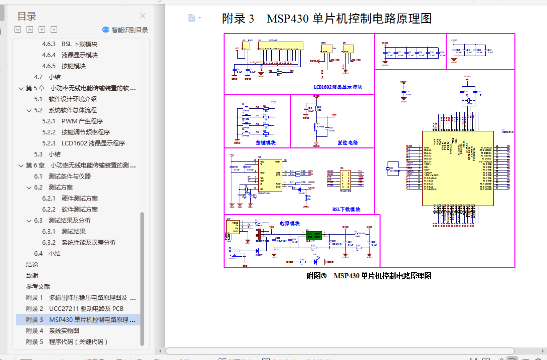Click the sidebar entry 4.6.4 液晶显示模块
point(79,55)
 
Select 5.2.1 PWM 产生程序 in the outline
point(82,121)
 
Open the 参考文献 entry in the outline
point(38,287)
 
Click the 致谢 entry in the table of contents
point(32,276)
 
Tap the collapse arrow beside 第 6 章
point(21,165)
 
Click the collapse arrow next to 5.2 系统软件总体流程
point(29,110)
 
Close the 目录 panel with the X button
point(143,16)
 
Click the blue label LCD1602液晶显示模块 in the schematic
point(337,87)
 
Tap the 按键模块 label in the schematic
point(266,143)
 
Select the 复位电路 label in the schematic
point(347,143)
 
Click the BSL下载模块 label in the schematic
point(346,210)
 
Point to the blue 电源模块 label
point(289,224)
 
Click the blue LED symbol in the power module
point(316,261)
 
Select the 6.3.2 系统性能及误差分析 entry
point(88,243)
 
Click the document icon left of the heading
point(192,18)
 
